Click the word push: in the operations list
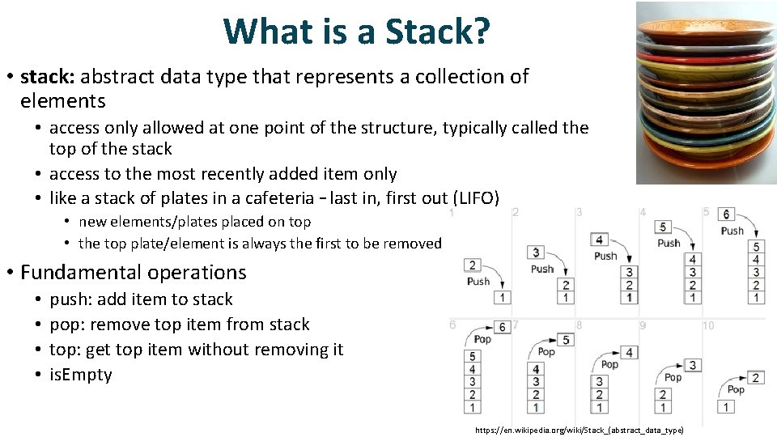pos(71,299)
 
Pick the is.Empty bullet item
pos(81,375)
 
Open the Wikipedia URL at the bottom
pos(579,431)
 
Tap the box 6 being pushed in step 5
pos(726,214)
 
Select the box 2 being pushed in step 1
pos(473,265)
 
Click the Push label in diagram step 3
pos(605,256)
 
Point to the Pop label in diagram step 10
pos(736,390)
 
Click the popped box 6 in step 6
pos(502,327)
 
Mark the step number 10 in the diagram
pos(708,325)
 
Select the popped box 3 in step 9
pos(693,366)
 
